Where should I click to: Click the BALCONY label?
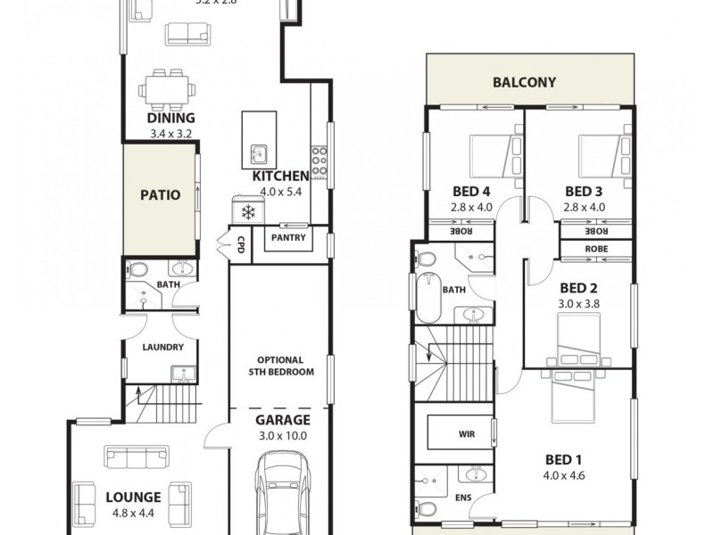pos(525,83)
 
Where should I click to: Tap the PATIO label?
pos(161,194)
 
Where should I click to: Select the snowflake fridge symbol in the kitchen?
pos(249,212)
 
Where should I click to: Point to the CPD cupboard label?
pos(240,244)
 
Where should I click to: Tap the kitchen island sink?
pos(258,152)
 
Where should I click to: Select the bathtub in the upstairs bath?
pos(428,298)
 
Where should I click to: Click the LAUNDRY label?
pos(162,347)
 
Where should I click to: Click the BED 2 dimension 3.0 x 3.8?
pos(578,304)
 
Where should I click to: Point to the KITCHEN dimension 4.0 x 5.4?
pos(281,192)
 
